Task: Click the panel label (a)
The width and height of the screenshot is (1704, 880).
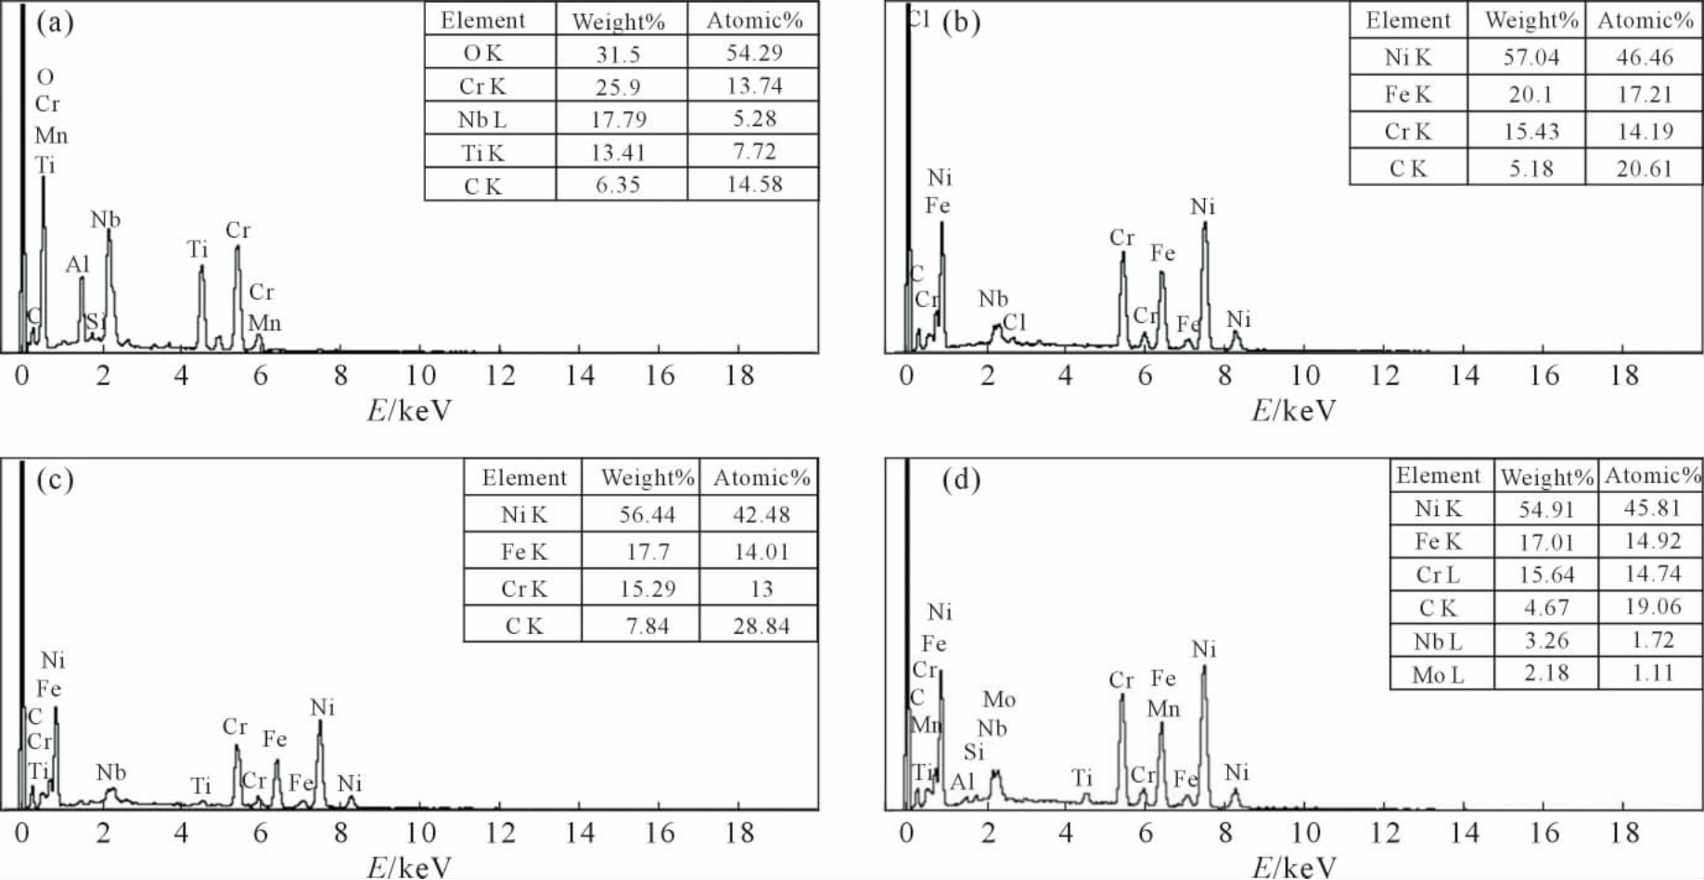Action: click(x=55, y=22)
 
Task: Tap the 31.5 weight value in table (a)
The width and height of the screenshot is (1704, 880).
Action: click(x=618, y=54)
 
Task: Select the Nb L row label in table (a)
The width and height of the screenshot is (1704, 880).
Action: click(x=482, y=120)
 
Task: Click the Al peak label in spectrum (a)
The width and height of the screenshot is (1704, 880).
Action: click(x=78, y=265)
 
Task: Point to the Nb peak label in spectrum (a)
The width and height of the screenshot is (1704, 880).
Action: click(x=105, y=220)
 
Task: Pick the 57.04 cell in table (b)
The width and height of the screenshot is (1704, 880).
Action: click(x=1531, y=58)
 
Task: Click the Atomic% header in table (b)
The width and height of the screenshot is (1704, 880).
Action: click(x=1645, y=20)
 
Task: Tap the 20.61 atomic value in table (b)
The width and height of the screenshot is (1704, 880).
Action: click(x=1644, y=169)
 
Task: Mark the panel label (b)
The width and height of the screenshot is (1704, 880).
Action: click(x=961, y=22)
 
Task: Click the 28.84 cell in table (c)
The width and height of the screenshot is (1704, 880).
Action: click(x=761, y=626)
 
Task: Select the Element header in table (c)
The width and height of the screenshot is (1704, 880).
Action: click(x=524, y=478)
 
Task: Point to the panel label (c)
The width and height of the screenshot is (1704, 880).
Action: click(x=55, y=480)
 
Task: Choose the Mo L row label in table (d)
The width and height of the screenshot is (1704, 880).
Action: click(x=1438, y=675)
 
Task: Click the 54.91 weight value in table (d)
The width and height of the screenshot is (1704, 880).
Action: click(x=1546, y=509)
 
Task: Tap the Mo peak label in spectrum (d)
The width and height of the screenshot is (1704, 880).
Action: click(x=999, y=700)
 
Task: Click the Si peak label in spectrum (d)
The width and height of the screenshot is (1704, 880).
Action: click(x=973, y=752)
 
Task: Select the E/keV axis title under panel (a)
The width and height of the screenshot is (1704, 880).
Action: click(x=409, y=410)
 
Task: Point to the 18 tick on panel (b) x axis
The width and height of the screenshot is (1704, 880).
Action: click(x=1623, y=376)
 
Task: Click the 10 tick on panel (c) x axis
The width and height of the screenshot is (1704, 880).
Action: click(x=420, y=833)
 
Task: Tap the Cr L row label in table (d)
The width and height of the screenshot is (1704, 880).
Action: click(x=1438, y=576)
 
